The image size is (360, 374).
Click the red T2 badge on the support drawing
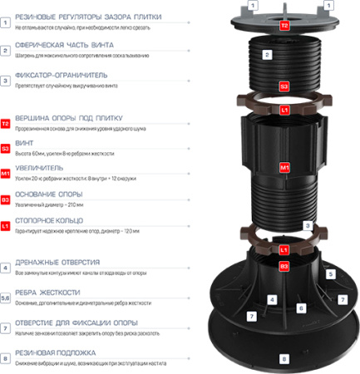pyautogui.click(x=284, y=26)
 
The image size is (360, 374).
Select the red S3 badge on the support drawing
pyautogui.click(x=284, y=86)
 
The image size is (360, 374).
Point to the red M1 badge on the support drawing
pyautogui.click(x=284, y=165)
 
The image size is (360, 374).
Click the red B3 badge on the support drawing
pyautogui.click(x=284, y=265)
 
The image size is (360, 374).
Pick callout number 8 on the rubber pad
pyautogui.click(x=284, y=358)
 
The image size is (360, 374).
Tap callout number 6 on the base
pyautogui.click(x=301, y=308)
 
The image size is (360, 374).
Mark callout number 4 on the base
pyautogui.click(x=271, y=298)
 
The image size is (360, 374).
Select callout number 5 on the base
pyautogui.click(x=330, y=273)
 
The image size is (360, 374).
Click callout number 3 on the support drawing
pyautogui.click(x=308, y=224)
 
